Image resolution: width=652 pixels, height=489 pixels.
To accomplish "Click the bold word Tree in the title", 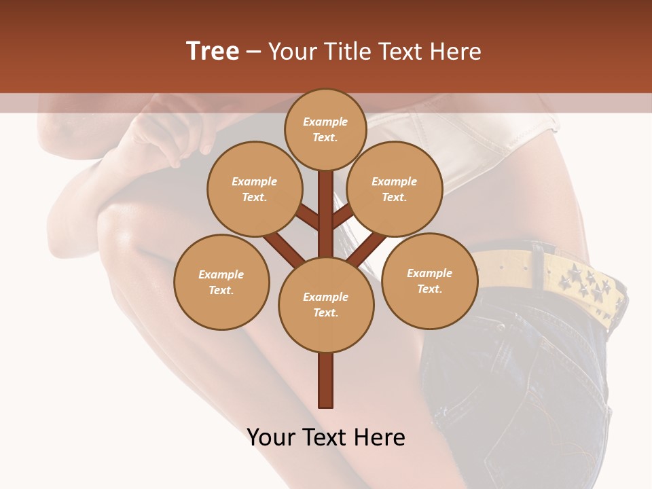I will (x=213, y=52).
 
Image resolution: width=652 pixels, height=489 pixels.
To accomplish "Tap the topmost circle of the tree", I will (x=325, y=129).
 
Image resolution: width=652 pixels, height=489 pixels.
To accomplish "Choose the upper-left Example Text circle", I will (x=254, y=189).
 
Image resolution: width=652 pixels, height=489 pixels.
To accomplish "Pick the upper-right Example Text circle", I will (x=394, y=189).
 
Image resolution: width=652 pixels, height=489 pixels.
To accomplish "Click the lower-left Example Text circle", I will (x=221, y=282).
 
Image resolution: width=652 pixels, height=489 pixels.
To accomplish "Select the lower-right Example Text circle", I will (x=429, y=280).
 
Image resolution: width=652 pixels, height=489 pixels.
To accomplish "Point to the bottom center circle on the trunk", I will (x=325, y=304).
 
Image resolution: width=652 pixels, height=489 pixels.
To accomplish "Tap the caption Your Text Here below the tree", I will (x=325, y=437).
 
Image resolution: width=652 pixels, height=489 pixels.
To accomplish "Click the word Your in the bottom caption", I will (x=270, y=437).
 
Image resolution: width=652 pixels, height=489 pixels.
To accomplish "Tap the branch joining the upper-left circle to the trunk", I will (x=307, y=217).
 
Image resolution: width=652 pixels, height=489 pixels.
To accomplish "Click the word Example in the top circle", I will (x=325, y=122).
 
